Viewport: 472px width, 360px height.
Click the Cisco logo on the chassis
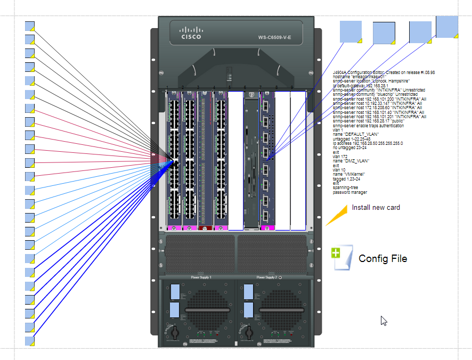coord(191,34)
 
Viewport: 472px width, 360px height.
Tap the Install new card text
coord(376,208)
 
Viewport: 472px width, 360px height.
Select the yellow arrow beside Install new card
coord(336,215)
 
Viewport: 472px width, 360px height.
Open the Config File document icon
coord(341,258)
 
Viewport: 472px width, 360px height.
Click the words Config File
coord(383,259)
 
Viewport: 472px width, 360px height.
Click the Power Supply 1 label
coord(201,277)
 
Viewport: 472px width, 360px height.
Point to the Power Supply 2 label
coord(268,277)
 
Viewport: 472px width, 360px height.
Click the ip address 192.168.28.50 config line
coord(368,143)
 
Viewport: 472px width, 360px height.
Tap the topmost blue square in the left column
coord(30,26)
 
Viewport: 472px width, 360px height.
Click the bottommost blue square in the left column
coord(30,340)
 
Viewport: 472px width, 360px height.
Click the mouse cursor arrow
coord(383,320)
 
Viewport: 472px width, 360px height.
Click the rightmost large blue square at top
coord(447,27)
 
